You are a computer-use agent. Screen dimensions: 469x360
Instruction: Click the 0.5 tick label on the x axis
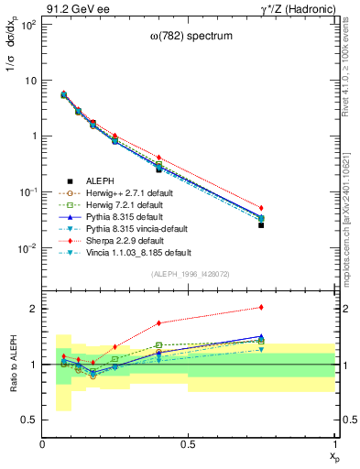coord(189,444)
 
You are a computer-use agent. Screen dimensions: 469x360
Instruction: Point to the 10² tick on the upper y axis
coord(29,24)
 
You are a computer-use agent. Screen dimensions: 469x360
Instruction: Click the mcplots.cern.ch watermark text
coord(351,215)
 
